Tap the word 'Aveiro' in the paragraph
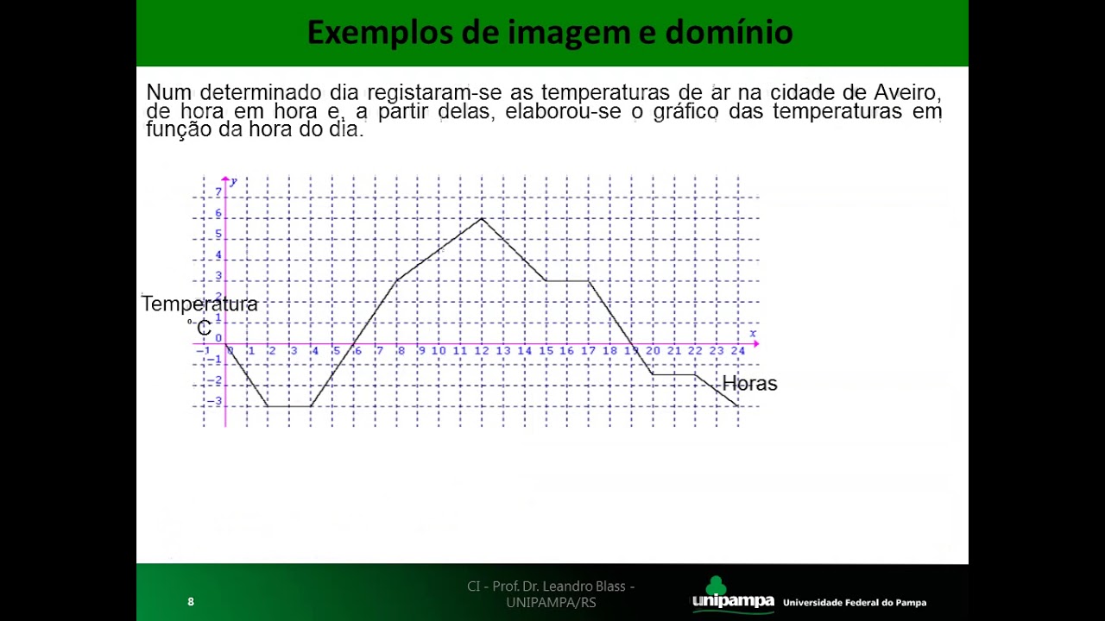(x=906, y=92)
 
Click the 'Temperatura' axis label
(x=199, y=304)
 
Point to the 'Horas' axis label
(x=749, y=384)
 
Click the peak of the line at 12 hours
(x=482, y=218)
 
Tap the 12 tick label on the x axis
(x=481, y=351)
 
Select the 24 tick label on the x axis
(x=737, y=351)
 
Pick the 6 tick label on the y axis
(x=218, y=213)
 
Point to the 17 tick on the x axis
(x=588, y=351)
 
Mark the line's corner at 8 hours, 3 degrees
(x=397, y=280)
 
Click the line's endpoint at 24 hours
(x=738, y=405)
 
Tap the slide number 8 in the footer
(x=191, y=602)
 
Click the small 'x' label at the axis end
(x=753, y=334)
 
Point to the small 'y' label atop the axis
(x=233, y=181)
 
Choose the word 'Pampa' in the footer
(x=910, y=603)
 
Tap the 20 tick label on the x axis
(x=652, y=351)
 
